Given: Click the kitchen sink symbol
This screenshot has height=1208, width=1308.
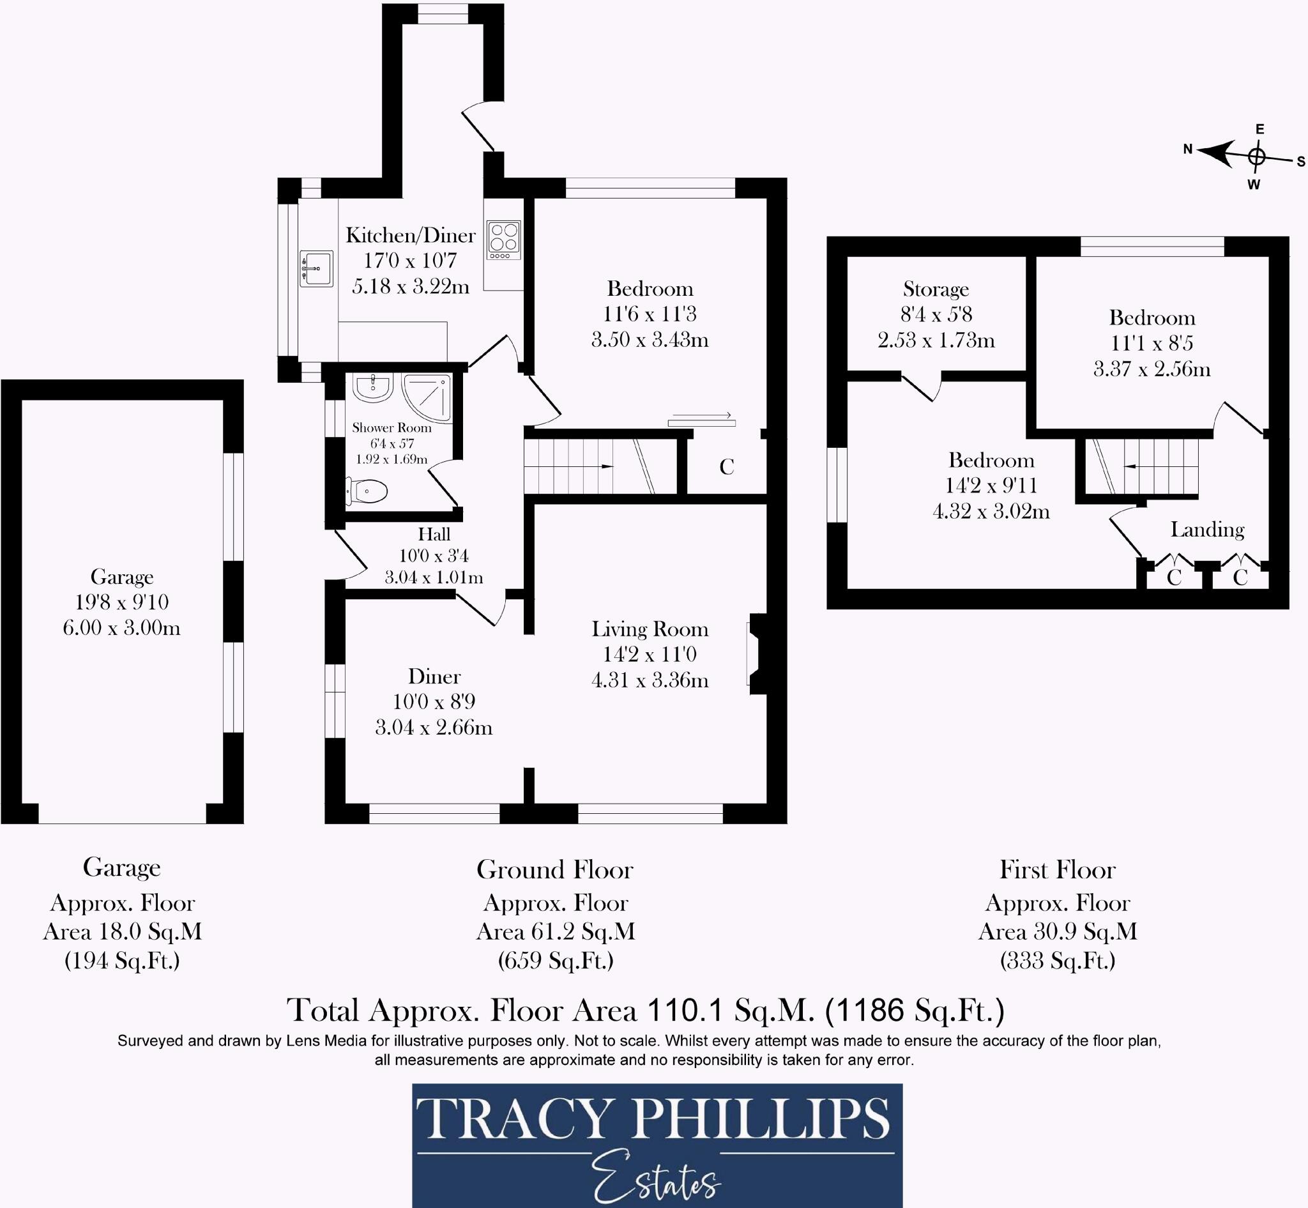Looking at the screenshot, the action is (316, 269).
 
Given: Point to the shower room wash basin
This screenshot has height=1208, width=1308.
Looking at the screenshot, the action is (372, 388).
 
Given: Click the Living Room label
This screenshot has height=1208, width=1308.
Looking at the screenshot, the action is (650, 629).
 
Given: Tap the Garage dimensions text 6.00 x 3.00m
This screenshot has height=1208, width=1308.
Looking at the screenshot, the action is (121, 627).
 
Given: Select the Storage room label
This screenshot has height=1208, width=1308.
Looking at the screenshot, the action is (936, 289).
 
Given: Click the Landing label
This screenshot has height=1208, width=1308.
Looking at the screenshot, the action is (1206, 530).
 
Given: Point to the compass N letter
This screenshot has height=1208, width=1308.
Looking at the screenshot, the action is (1188, 149).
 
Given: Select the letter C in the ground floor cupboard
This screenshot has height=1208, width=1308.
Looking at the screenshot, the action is (727, 467).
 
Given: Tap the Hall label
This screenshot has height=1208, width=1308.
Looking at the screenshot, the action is (434, 534).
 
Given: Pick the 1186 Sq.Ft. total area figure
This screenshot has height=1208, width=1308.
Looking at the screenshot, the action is (915, 1011).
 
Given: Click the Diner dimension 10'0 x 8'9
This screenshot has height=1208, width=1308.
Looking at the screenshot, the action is (434, 701).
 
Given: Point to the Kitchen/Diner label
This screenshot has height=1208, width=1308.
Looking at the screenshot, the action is (411, 234).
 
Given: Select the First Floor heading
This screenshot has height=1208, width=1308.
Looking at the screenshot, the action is (1058, 869).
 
